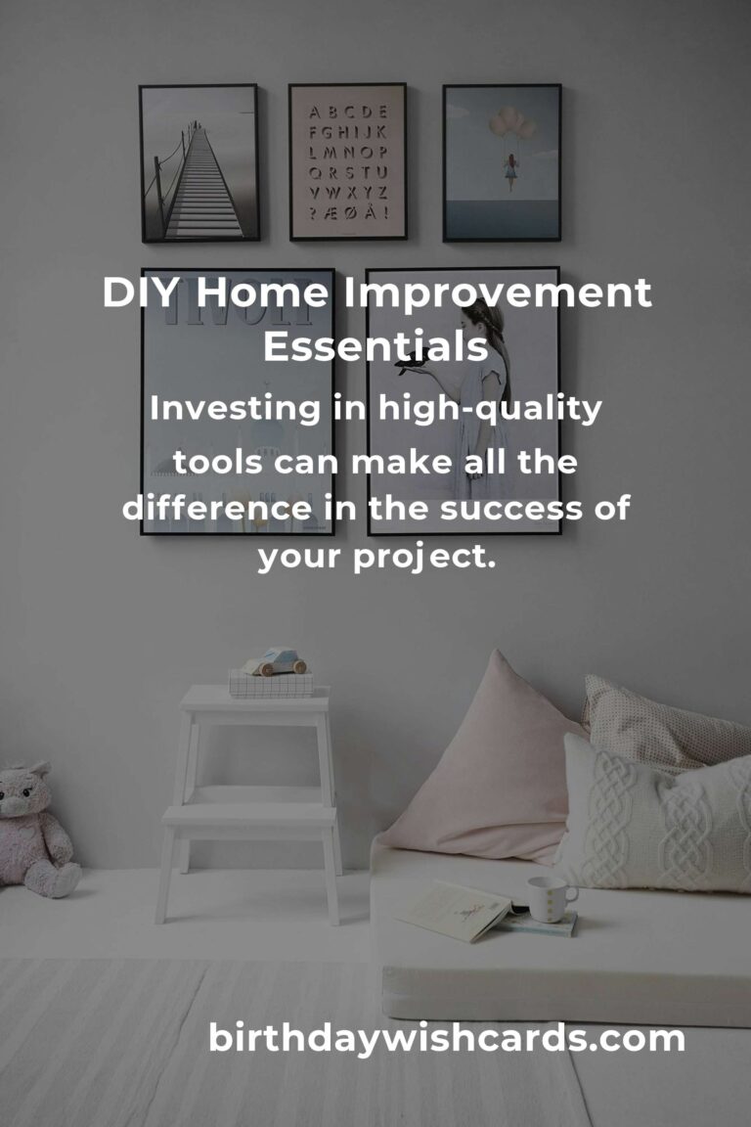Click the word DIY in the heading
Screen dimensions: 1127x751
[x=138, y=294]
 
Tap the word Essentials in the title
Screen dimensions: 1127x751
[x=375, y=346]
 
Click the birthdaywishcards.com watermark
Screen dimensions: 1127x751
[x=447, y=1039]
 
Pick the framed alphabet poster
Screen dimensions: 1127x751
[x=347, y=161]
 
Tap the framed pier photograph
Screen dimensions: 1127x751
[x=199, y=162]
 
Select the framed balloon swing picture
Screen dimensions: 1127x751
[x=502, y=162]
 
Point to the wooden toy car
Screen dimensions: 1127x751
[x=275, y=662]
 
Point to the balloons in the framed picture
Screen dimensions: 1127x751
[x=506, y=124]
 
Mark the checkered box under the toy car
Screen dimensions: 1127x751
[x=271, y=683]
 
